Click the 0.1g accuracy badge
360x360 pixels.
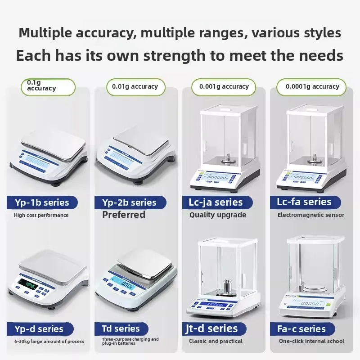click(48, 87)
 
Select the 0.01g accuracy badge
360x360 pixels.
click(135, 87)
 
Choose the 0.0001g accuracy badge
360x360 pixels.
click(311, 87)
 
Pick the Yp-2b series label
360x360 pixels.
click(126, 202)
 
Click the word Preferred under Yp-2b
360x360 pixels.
click(124, 215)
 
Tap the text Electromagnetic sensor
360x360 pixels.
click(311, 215)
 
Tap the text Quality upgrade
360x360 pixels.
click(218, 215)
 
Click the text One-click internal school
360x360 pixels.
click(311, 341)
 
